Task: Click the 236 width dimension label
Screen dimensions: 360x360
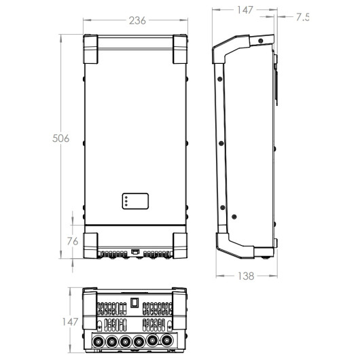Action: point(137,20)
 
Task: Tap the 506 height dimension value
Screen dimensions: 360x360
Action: point(60,139)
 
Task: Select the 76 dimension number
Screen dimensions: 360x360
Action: point(73,241)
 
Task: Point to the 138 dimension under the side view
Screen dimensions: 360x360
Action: point(246,276)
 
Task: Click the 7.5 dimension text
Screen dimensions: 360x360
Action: point(302,17)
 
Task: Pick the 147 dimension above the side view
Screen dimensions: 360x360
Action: point(245,10)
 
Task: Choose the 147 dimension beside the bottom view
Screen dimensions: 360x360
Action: point(70,322)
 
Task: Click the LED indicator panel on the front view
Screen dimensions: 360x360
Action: point(135,201)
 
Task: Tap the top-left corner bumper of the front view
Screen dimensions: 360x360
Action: point(90,49)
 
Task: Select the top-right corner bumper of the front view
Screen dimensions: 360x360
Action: point(180,49)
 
